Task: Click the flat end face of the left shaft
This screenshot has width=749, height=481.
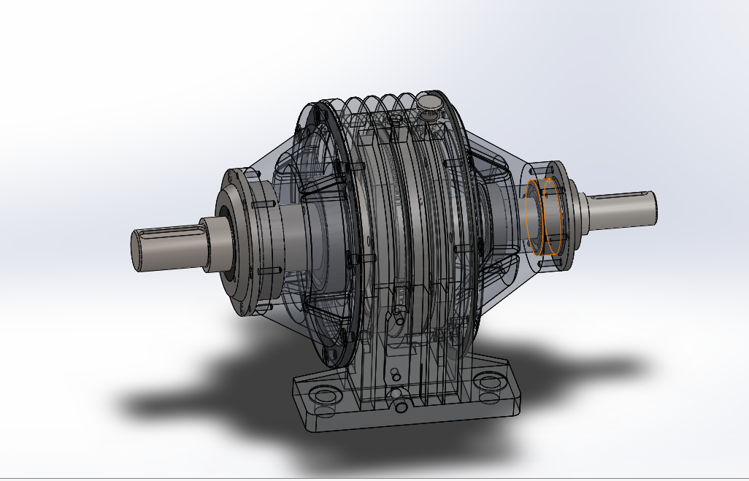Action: coord(139,250)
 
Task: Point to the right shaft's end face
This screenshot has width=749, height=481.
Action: coord(654,205)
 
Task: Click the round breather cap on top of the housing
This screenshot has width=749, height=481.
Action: coord(429,102)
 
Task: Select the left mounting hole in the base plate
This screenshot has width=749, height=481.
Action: coord(322,395)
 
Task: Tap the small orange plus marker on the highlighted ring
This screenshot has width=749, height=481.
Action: coord(549,178)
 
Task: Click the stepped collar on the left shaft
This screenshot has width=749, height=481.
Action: coord(215,244)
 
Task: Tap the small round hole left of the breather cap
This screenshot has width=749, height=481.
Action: coord(395,116)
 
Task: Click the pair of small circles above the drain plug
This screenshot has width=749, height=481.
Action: coord(395,374)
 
